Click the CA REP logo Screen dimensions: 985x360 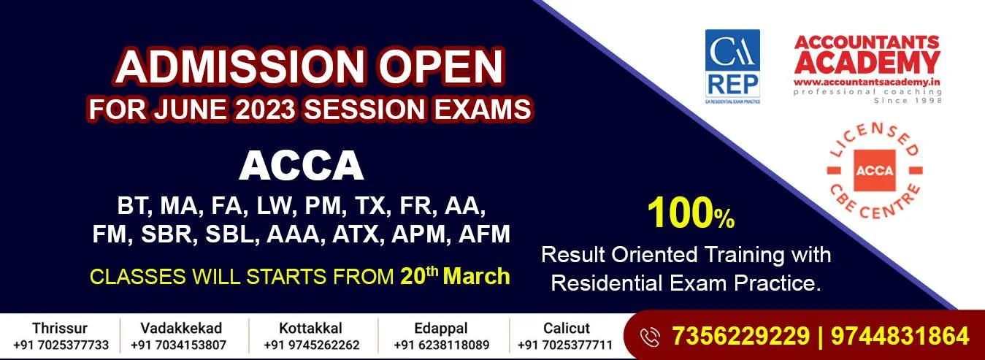pos(732,66)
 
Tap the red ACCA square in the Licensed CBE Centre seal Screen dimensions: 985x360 pos(874,170)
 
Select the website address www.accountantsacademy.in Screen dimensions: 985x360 pos(867,82)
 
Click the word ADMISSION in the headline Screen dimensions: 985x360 pos(240,66)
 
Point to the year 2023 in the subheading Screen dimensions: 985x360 pos(264,109)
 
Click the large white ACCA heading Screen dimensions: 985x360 pos(302,166)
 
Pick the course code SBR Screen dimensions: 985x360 pos(167,234)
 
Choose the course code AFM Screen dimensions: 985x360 pos(484,234)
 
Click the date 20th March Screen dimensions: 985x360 pos(455,275)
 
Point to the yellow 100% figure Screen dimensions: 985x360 pos(691,213)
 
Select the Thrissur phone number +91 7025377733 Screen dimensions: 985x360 pos(61,345)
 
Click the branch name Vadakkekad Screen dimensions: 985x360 pos(181,328)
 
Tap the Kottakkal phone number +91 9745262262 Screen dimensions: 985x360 pos(311,345)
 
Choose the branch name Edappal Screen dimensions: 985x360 pos(442,329)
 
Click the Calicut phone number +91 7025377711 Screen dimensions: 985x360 pos(565,345)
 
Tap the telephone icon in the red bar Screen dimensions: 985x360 pos(650,337)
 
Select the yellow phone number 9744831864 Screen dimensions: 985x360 pos(900,336)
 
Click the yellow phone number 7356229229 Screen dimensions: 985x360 pos(740,336)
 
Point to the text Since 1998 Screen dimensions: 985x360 pos(908,101)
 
